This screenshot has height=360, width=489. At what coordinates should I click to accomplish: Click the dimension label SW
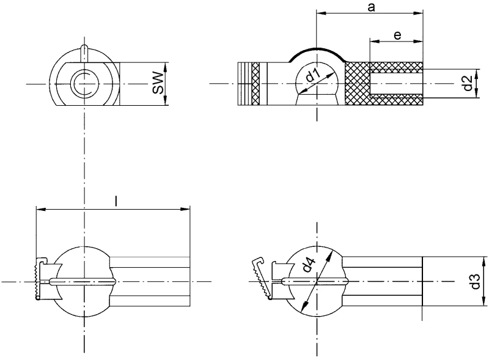(x=158, y=83)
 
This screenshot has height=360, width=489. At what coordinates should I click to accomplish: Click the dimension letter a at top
(x=371, y=7)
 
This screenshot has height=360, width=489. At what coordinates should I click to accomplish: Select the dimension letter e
(x=397, y=35)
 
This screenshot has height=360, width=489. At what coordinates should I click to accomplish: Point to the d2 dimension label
(x=467, y=83)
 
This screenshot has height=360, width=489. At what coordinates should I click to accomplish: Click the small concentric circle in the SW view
(x=84, y=83)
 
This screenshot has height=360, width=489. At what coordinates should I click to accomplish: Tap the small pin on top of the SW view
(x=84, y=51)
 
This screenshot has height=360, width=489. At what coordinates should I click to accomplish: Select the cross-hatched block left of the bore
(x=357, y=84)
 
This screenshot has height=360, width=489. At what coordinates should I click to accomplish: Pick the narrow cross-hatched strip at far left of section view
(x=256, y=84)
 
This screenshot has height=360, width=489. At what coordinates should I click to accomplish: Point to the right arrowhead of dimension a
(x=420, y=13)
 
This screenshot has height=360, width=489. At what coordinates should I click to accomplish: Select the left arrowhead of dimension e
(x=372, y=42)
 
